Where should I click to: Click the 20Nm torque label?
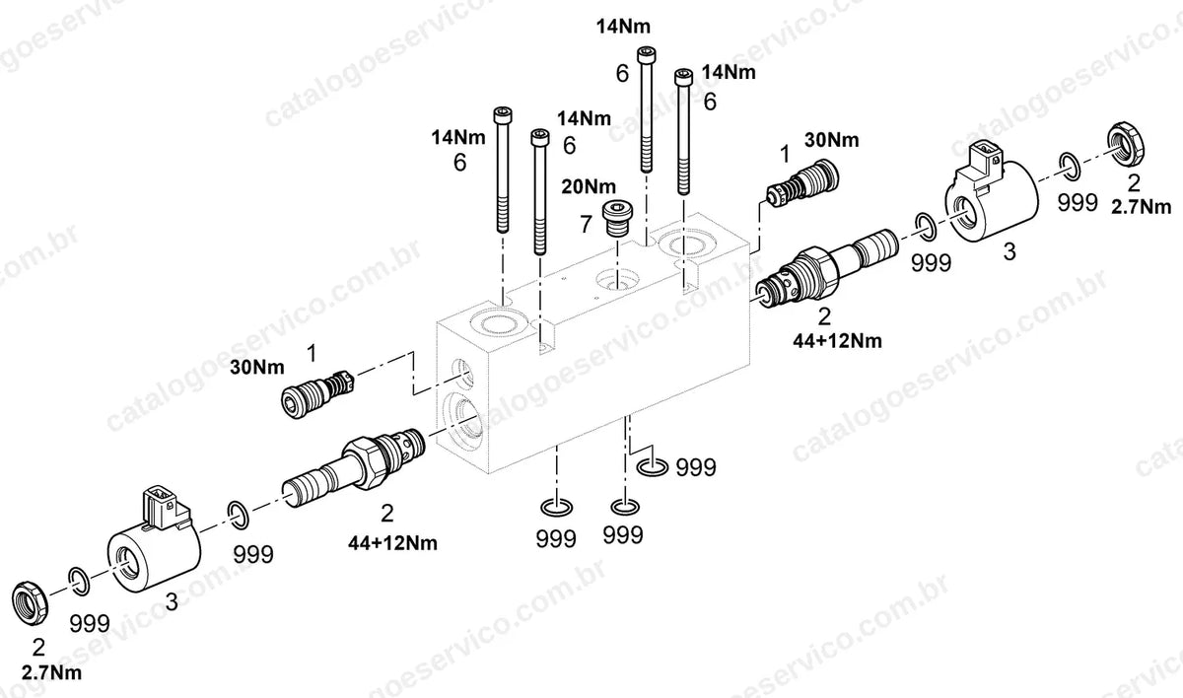coord(589,186)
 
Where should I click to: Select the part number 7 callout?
coord(586,225)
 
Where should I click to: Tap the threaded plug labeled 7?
coord(617,219)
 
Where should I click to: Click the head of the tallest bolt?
coord(648,54)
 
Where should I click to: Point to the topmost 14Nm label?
coord(623,27)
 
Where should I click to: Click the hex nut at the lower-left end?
coord(31,603)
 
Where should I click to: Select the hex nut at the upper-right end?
coord(1126,142)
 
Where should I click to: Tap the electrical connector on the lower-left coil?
coord(159,507)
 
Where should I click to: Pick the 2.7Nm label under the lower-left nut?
coord(51,673)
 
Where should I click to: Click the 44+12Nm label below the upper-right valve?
coord(837,341)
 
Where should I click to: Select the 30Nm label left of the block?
coord(257,368)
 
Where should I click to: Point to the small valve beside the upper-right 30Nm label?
coord(802,182)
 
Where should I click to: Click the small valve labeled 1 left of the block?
coord(316,394)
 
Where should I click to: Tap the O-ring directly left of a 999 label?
coord(653,467)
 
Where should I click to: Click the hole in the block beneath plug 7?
coord(617,279)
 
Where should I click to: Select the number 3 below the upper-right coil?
coord(1009,251)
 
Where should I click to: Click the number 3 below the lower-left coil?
coord(172,601)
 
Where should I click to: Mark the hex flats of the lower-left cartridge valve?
coord(365,462)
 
